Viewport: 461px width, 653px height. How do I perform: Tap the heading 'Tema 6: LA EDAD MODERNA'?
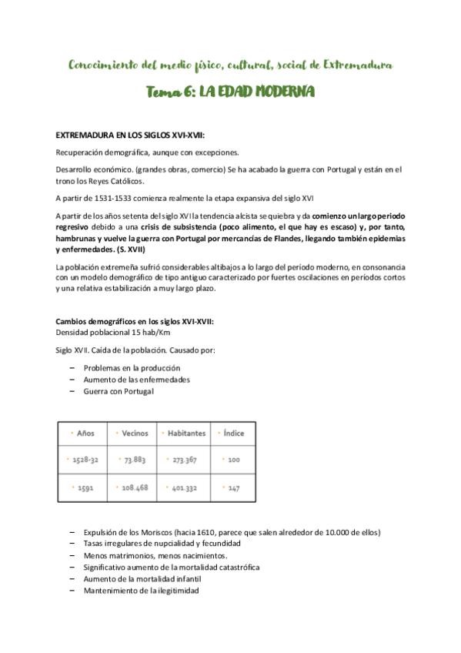[x=230, y=92]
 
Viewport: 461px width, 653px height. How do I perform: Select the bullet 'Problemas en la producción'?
[x=132, y=368]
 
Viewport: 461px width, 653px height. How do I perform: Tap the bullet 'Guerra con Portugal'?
[x=119, y=391]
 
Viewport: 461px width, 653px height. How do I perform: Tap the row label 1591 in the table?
[x=85, y=488]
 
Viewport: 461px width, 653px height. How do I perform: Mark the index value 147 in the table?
[x=234, y=488]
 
